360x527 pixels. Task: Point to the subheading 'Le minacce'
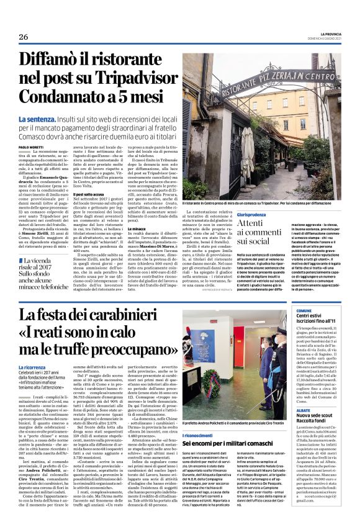(138, 228)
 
